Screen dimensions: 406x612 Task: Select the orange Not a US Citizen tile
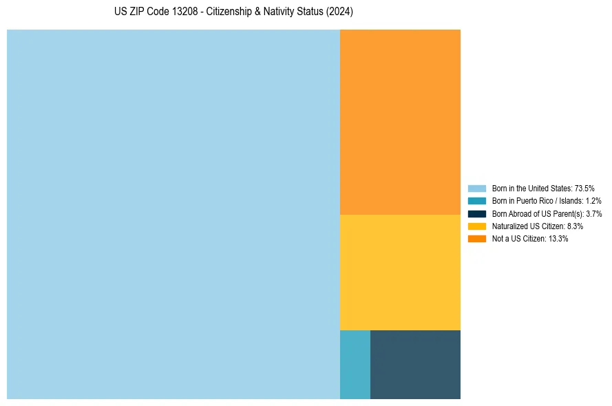pos(400,122)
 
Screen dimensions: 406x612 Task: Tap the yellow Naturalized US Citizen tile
pos(400,272)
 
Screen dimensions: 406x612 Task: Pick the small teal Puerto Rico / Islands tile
pos(355,364)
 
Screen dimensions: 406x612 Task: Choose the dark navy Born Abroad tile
pos(415,364)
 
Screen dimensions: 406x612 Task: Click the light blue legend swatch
pos(477,189)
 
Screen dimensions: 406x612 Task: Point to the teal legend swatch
pos(477,201)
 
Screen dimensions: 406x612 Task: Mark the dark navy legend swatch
pos(477,213)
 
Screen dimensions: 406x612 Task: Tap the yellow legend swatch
pos(477,226)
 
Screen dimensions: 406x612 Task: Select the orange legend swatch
pos(477,239)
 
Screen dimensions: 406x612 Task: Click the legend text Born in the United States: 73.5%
pos(543,189)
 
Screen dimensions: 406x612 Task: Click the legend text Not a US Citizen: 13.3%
pos(530,239)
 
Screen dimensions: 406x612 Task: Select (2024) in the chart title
pos(339,12)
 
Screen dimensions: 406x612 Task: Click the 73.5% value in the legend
pos(584,189)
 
